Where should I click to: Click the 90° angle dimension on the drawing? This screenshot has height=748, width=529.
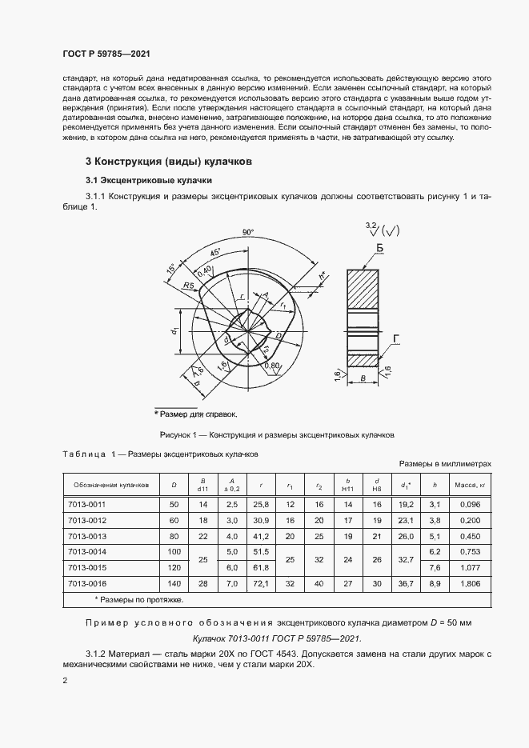click(247, 233)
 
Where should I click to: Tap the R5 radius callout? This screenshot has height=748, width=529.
click(189, 284)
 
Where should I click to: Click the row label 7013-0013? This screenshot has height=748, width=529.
click(89, 536)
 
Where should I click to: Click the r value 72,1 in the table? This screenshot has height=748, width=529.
click(261, 583)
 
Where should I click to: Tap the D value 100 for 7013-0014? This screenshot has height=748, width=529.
click(174, 552)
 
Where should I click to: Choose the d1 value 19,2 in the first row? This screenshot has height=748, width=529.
click(405, 505)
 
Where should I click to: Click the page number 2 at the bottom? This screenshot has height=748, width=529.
click(66, 681)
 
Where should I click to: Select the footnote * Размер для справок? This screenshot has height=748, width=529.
click(196, 414)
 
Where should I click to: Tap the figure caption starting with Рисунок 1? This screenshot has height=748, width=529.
click(277, 436)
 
